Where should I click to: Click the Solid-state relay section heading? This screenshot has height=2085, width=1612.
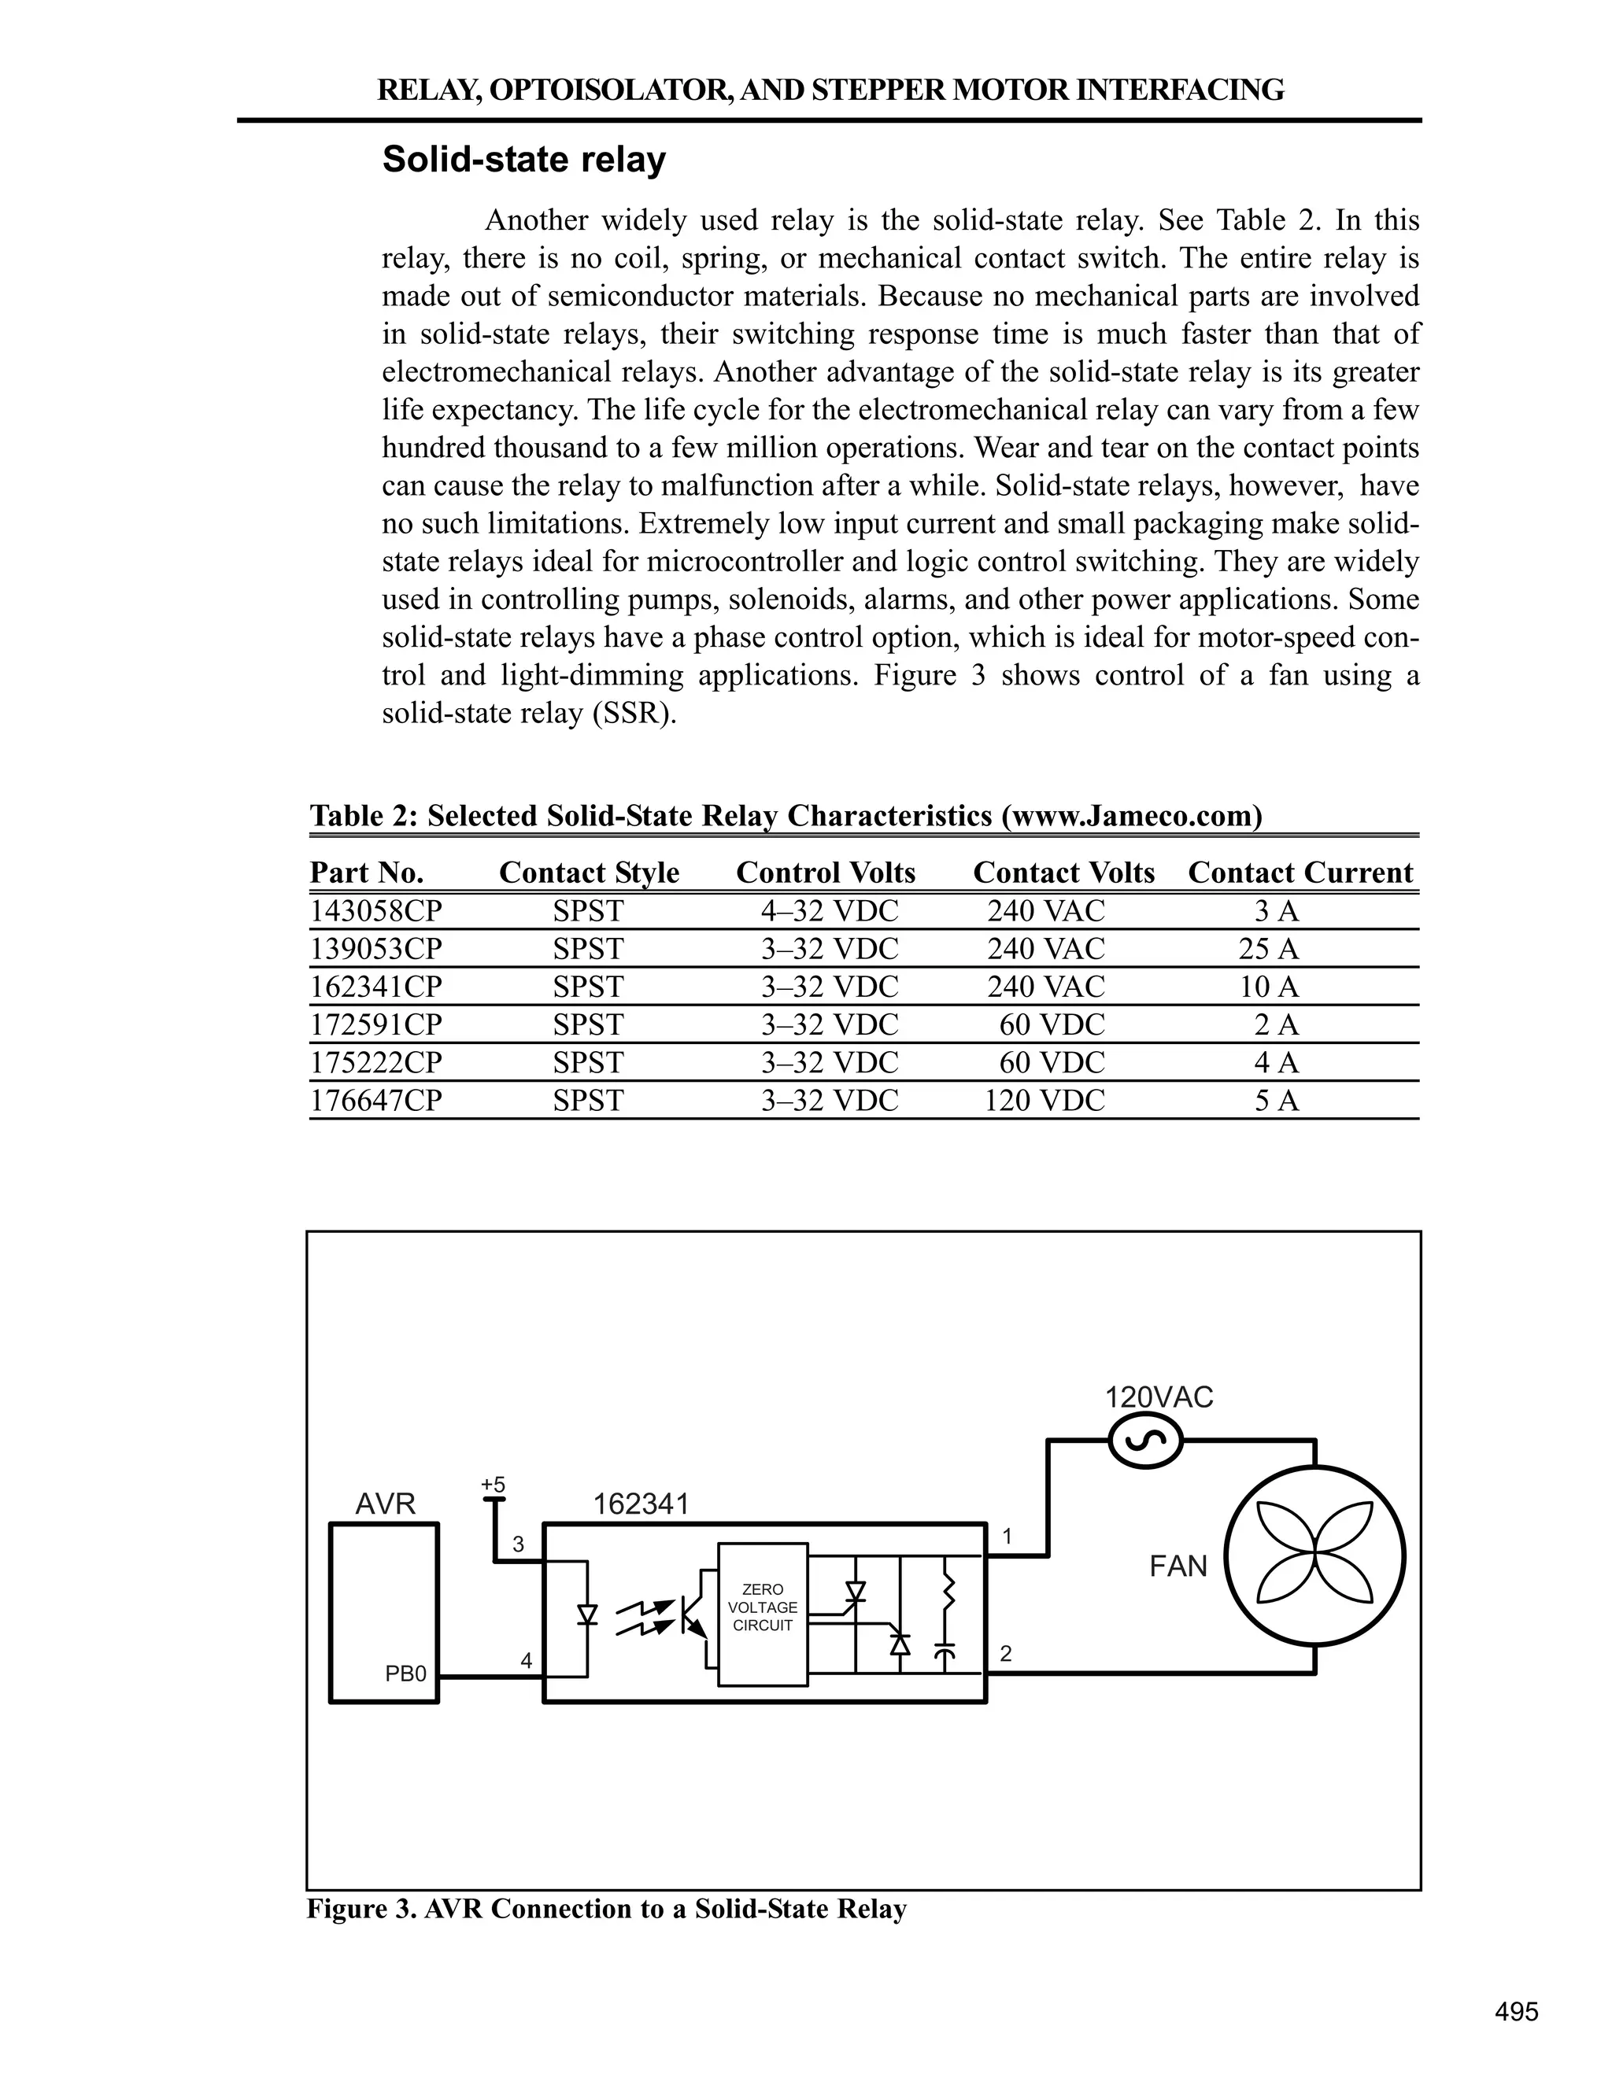point(523,160)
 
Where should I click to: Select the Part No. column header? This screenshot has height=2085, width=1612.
point(367,873)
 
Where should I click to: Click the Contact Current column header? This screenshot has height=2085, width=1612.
point(1300,873)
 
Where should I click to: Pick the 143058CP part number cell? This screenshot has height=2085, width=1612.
point(376,911)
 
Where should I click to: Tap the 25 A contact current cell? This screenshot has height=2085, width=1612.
point(1269,949)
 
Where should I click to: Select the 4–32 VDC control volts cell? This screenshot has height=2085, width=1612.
point(829,911)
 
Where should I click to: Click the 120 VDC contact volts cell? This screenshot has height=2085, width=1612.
point(1044,1101)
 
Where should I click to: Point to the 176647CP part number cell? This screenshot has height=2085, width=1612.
point(376,1101)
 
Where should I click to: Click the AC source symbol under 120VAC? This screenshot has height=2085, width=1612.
point(1145,1441)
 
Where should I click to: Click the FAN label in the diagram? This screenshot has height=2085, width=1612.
point(1178,1567)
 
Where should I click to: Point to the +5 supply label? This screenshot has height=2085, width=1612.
point(493,1485)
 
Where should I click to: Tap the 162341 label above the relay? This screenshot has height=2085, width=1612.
point(640,1504)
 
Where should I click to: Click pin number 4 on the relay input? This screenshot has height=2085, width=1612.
point(527,1660)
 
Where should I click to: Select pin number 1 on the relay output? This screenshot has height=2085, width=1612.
point(1007,1536)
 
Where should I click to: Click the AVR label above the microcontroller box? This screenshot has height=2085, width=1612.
point(385,1504)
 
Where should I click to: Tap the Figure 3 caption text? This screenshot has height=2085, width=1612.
point(605,1910)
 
